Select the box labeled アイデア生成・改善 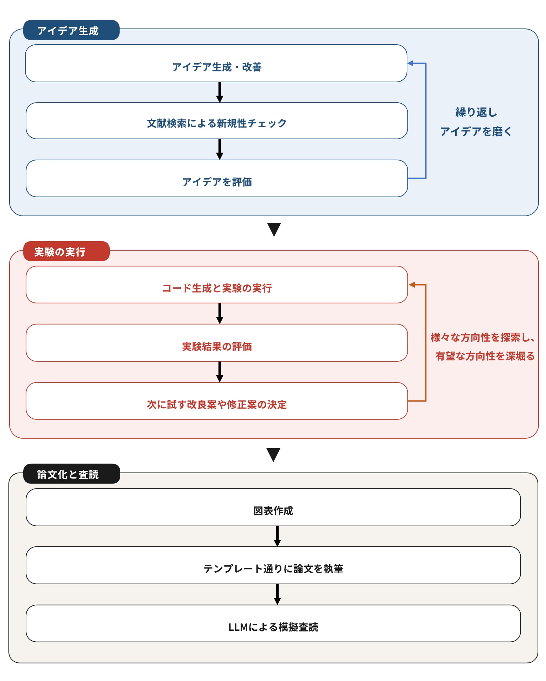tap(216, 64)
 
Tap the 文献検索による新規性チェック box tap(216, 121)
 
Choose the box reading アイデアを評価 tap(216, 179)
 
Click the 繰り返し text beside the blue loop tap(476, 112)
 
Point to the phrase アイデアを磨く tap(476, 131)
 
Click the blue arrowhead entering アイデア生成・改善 tap(410, 63)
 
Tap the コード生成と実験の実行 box tap(216, 285)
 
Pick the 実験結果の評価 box tap(216, 343)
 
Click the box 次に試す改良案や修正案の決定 tap(216, 401)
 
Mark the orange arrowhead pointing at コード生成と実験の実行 tap(412, 285)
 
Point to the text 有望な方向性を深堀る tap(485, 356)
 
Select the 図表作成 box tap(273, 507)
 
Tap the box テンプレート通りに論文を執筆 tap(273, 565)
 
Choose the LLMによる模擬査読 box tap(273, 624)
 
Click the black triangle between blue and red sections tap(274, 229)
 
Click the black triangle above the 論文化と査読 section tap(273, 455)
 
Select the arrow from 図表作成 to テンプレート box tap(277, 536)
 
